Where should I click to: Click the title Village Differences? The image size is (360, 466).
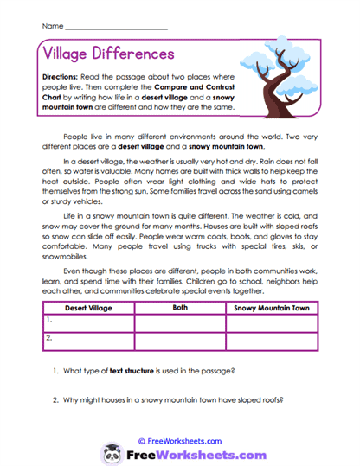[x=108, y=54]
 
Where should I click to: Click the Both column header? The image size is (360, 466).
[x=180, y=306]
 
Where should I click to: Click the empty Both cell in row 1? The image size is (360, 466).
[x=180, y=322]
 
